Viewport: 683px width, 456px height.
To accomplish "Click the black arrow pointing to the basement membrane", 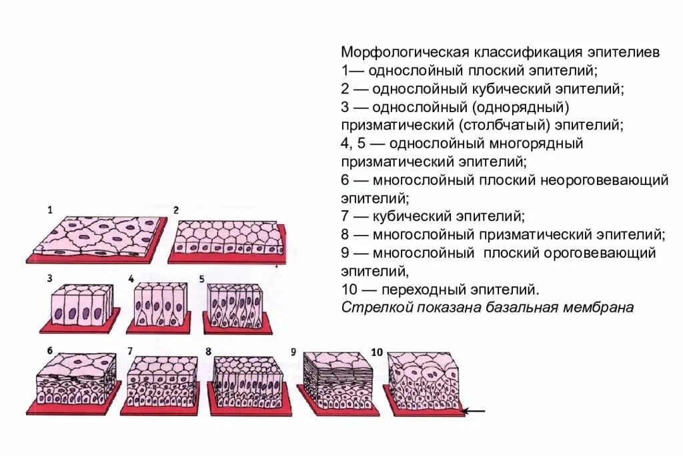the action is [x=474, y=410].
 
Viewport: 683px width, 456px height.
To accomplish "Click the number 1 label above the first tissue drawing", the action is [x=49, y=210].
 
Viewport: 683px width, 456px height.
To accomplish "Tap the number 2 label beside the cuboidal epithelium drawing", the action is [x=176, y=210].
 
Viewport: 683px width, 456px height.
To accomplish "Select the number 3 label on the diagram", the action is [x=49, y=278].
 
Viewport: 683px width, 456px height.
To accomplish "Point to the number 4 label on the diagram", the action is [x=131, y=278].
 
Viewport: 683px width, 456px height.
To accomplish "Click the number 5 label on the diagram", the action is [x=201, y=278].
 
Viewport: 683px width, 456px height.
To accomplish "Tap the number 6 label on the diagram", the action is [x=49, y=351].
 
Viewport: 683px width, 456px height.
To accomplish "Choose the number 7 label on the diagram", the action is [x=131, y=351].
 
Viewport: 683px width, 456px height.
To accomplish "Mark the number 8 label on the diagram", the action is [x=208, y=351].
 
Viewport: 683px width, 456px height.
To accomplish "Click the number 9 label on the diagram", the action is [x=293, y=351].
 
